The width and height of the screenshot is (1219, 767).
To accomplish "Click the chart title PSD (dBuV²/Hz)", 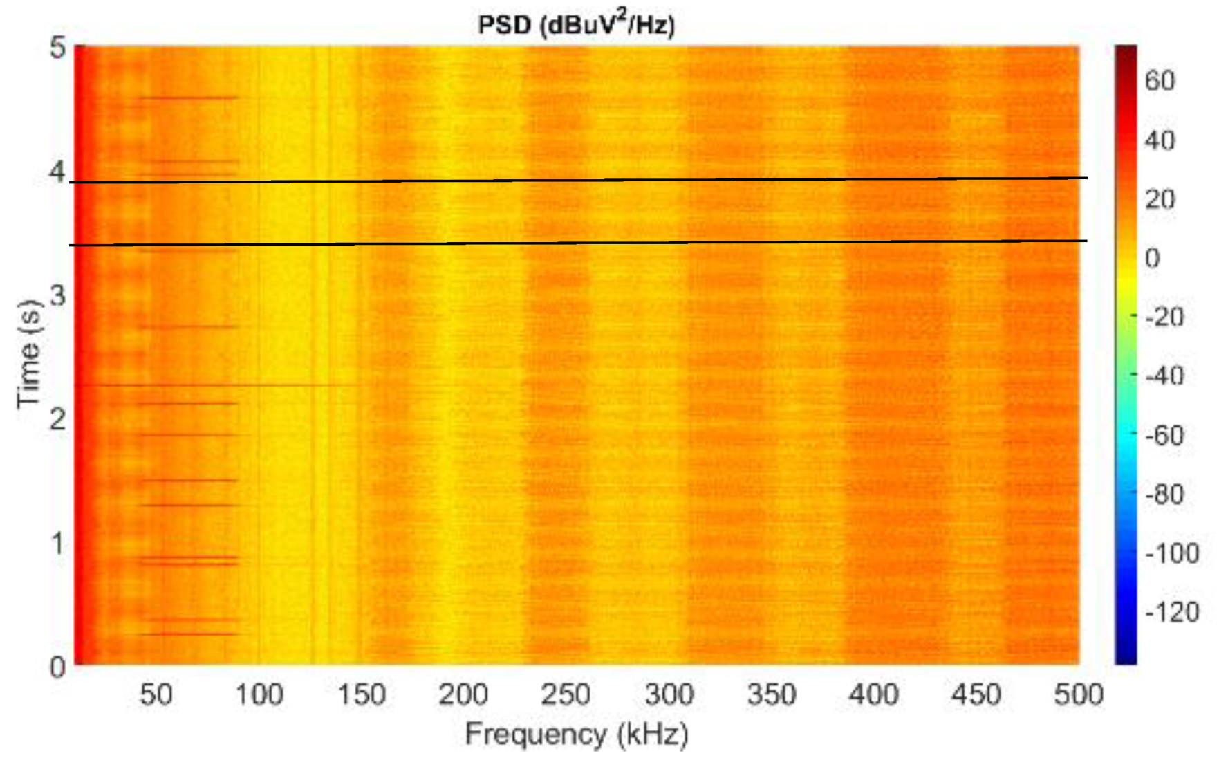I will pyautogui.click(x=576, y=25).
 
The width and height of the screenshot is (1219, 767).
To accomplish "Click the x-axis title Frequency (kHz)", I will pyautogui.click(x=576, y=734).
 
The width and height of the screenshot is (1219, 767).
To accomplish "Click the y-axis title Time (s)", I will pyautogui.click(x=30, y=354).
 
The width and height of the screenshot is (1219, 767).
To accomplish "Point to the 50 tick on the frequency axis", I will pyautogui.click(x=156, y=694).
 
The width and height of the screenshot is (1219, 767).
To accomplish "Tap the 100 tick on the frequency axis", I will pyautogui.click(x=259, y=694).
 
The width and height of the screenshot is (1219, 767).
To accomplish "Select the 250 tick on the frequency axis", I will pyautogui.click(x=566, y=694).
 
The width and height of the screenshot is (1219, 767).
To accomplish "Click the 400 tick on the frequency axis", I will pyautogui.click(x=873, y=694).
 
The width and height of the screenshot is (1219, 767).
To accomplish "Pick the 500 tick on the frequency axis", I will pyautogui.click(x=1078, y=694).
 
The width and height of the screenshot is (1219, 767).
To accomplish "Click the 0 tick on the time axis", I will pyautogui.click(x=58, y=667).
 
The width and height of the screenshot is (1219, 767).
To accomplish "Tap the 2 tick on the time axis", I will pyautogui.click(x=58, y=419).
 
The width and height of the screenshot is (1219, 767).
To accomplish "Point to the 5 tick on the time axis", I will pyautogui.click(x=58, y=48).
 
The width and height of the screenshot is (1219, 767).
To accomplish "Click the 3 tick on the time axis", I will pyautogui.click(x=58, y=295).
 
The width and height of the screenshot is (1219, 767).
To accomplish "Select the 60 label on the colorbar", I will pyautogui.click(x=1160, y=81).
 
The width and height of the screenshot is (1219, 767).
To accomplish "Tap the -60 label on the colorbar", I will pyautogui.click(x=1165, y=435).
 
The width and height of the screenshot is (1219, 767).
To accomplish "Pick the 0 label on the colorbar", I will pyautogui.click(x=1152, y=258).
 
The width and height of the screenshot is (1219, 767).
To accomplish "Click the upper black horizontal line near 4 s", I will pyautogui.click(x=581, y=181).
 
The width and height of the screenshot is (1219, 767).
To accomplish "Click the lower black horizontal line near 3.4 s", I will pyautogui.click(x=581, y=243).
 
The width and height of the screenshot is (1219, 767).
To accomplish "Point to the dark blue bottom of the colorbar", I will pyautogui.click(x=1126, y=657).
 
